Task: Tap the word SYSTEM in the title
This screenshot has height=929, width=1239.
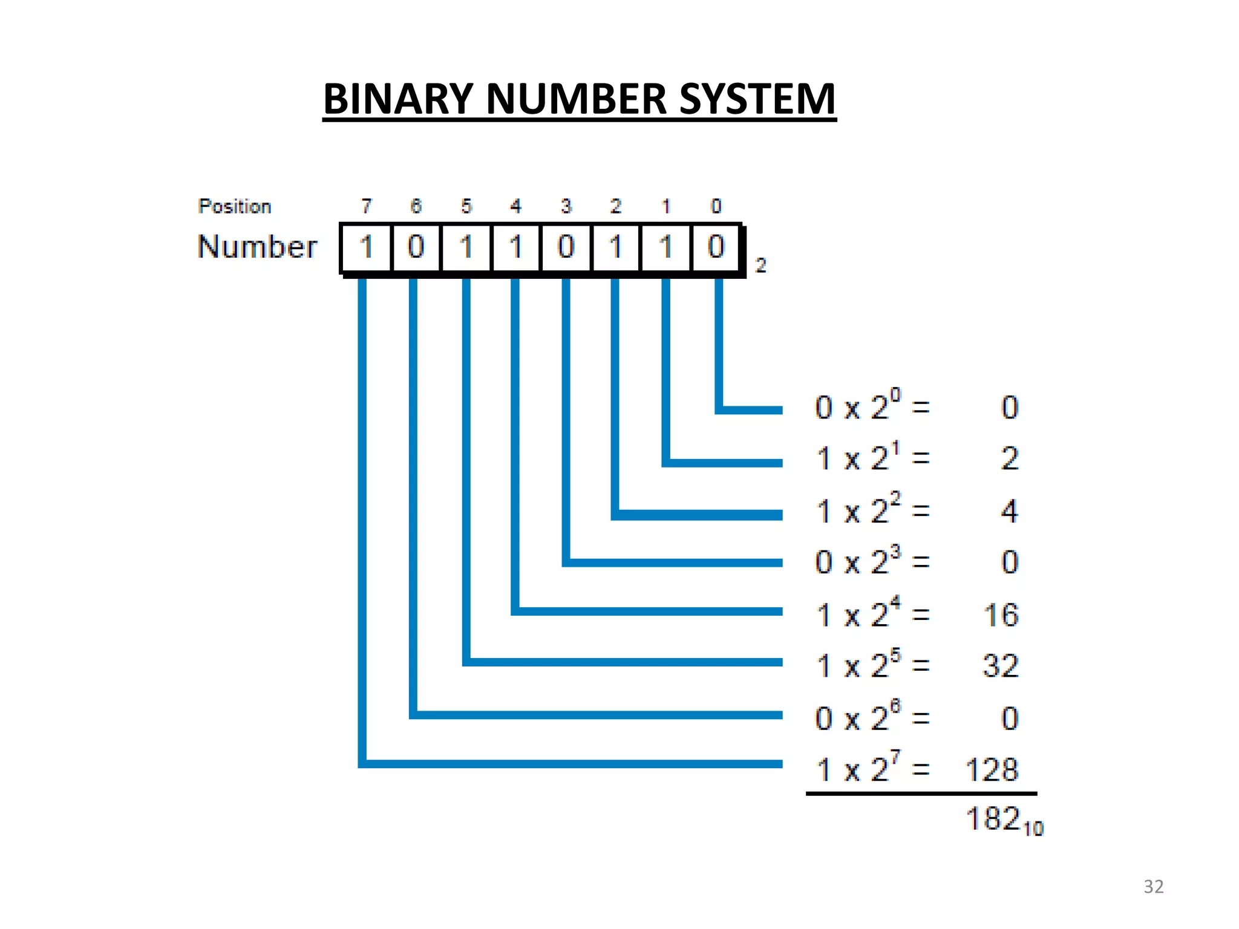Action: click(757, 99)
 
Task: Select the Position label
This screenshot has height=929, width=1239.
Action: click(235, 206)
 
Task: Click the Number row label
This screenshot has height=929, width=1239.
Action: click(257, 247)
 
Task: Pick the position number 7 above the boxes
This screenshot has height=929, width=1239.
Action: click(367, 206)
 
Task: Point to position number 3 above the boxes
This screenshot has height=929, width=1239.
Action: click(566, 206)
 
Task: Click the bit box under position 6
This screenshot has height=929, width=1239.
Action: click(416, 247)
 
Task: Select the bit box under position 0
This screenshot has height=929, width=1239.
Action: click(716, 247)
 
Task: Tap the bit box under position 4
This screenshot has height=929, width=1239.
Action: click(516, 247)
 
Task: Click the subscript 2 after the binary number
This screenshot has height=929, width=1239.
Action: click(760, 265)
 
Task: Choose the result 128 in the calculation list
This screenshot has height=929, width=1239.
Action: click(992, 770)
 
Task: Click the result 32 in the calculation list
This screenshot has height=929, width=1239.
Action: click(1001, 666)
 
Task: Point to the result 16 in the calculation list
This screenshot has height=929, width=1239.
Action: click(1001, 615)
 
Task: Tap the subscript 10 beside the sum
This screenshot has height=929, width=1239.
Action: click(1033, 829)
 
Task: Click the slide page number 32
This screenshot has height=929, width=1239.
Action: click(1153, 887)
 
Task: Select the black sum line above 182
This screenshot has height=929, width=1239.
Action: click(921, 793)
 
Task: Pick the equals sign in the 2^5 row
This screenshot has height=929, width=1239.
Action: click(921, 666)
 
